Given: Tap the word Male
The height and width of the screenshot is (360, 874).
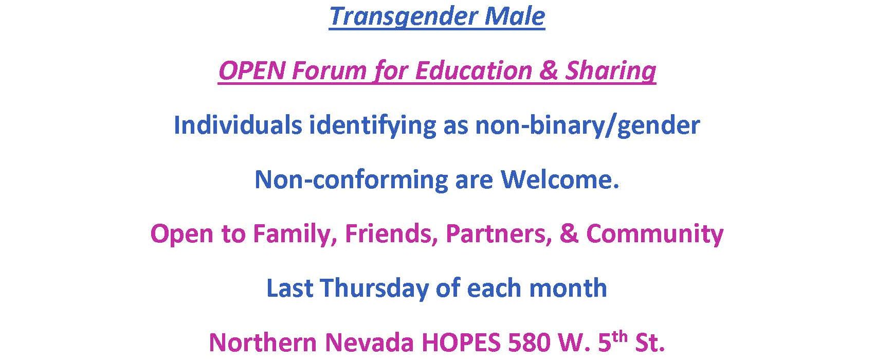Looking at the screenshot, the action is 515,16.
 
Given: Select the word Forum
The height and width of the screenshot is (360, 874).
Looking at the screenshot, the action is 329,70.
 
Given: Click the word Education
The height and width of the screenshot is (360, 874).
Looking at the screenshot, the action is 474,70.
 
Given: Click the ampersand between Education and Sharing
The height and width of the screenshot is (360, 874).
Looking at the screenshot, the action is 548,70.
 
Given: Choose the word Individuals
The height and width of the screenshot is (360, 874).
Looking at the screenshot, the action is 238,125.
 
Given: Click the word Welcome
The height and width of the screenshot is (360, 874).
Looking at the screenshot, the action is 560,179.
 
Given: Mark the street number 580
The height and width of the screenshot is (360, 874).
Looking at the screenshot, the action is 530,343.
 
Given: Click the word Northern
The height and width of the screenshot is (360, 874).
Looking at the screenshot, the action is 263,343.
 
